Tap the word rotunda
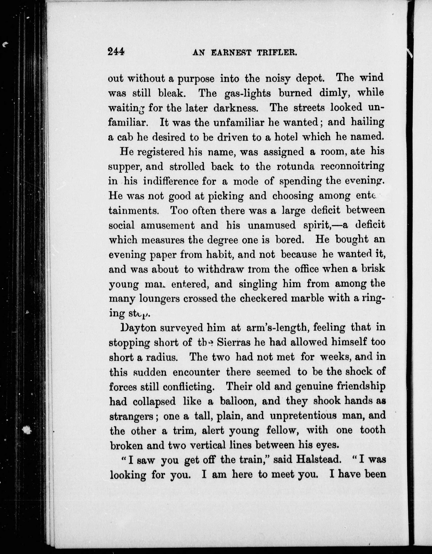click(295, 166)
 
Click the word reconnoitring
click(352, 166)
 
